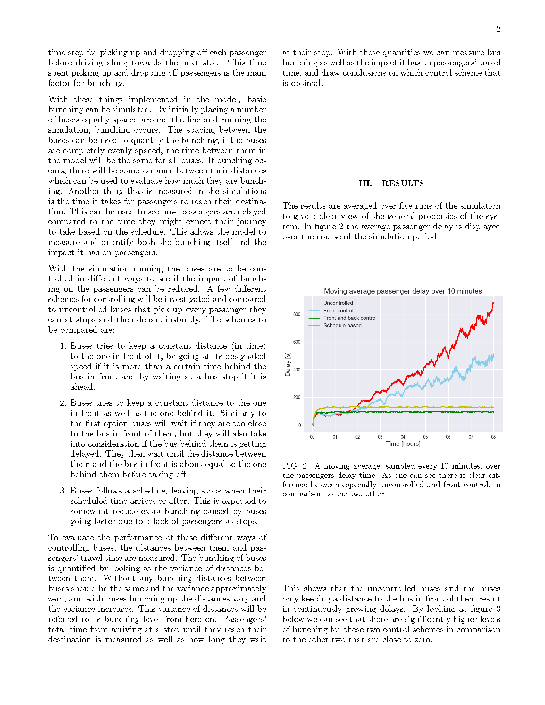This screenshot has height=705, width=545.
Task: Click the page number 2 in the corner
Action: pyautogui.click(x=498, y=29)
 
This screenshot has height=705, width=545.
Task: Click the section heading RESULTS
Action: pyautogui.click(x=403, y=183)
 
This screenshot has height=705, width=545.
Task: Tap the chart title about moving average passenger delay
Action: pyautogui.click(x=403, y=291)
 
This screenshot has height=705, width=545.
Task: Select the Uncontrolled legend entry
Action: pyautogui.click(x=338, y=303)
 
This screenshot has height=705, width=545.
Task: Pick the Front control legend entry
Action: pyautogui.click(x=338, y=311)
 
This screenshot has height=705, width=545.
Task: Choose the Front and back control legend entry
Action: pyautogui.click(x=350, y=318)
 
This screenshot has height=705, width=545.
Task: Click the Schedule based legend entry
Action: pyautogui.click(x=342, y=325)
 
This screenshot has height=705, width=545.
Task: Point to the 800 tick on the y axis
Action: pyautogui.click(x=297, y=314)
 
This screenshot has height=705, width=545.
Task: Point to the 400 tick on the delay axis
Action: pyautogui.click(x=297, y=370)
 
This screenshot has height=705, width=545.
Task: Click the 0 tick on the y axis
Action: pyautogui.click(x=300, y=426)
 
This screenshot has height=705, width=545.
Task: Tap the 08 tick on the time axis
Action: pyautogui.click(x=493, y=437)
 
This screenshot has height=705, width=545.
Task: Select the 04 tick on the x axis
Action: pyautogui.click(x=403, y=437)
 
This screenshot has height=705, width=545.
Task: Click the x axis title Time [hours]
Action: pyautogui.click(x=403, y=444)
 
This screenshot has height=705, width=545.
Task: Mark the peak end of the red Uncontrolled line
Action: pyautogui.click(x=493, y=303)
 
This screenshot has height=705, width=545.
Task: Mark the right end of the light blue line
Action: pyautogui.click(x=493, y=355)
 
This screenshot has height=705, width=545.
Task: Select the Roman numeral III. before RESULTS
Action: pyautogui.click(x=365, y=183)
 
